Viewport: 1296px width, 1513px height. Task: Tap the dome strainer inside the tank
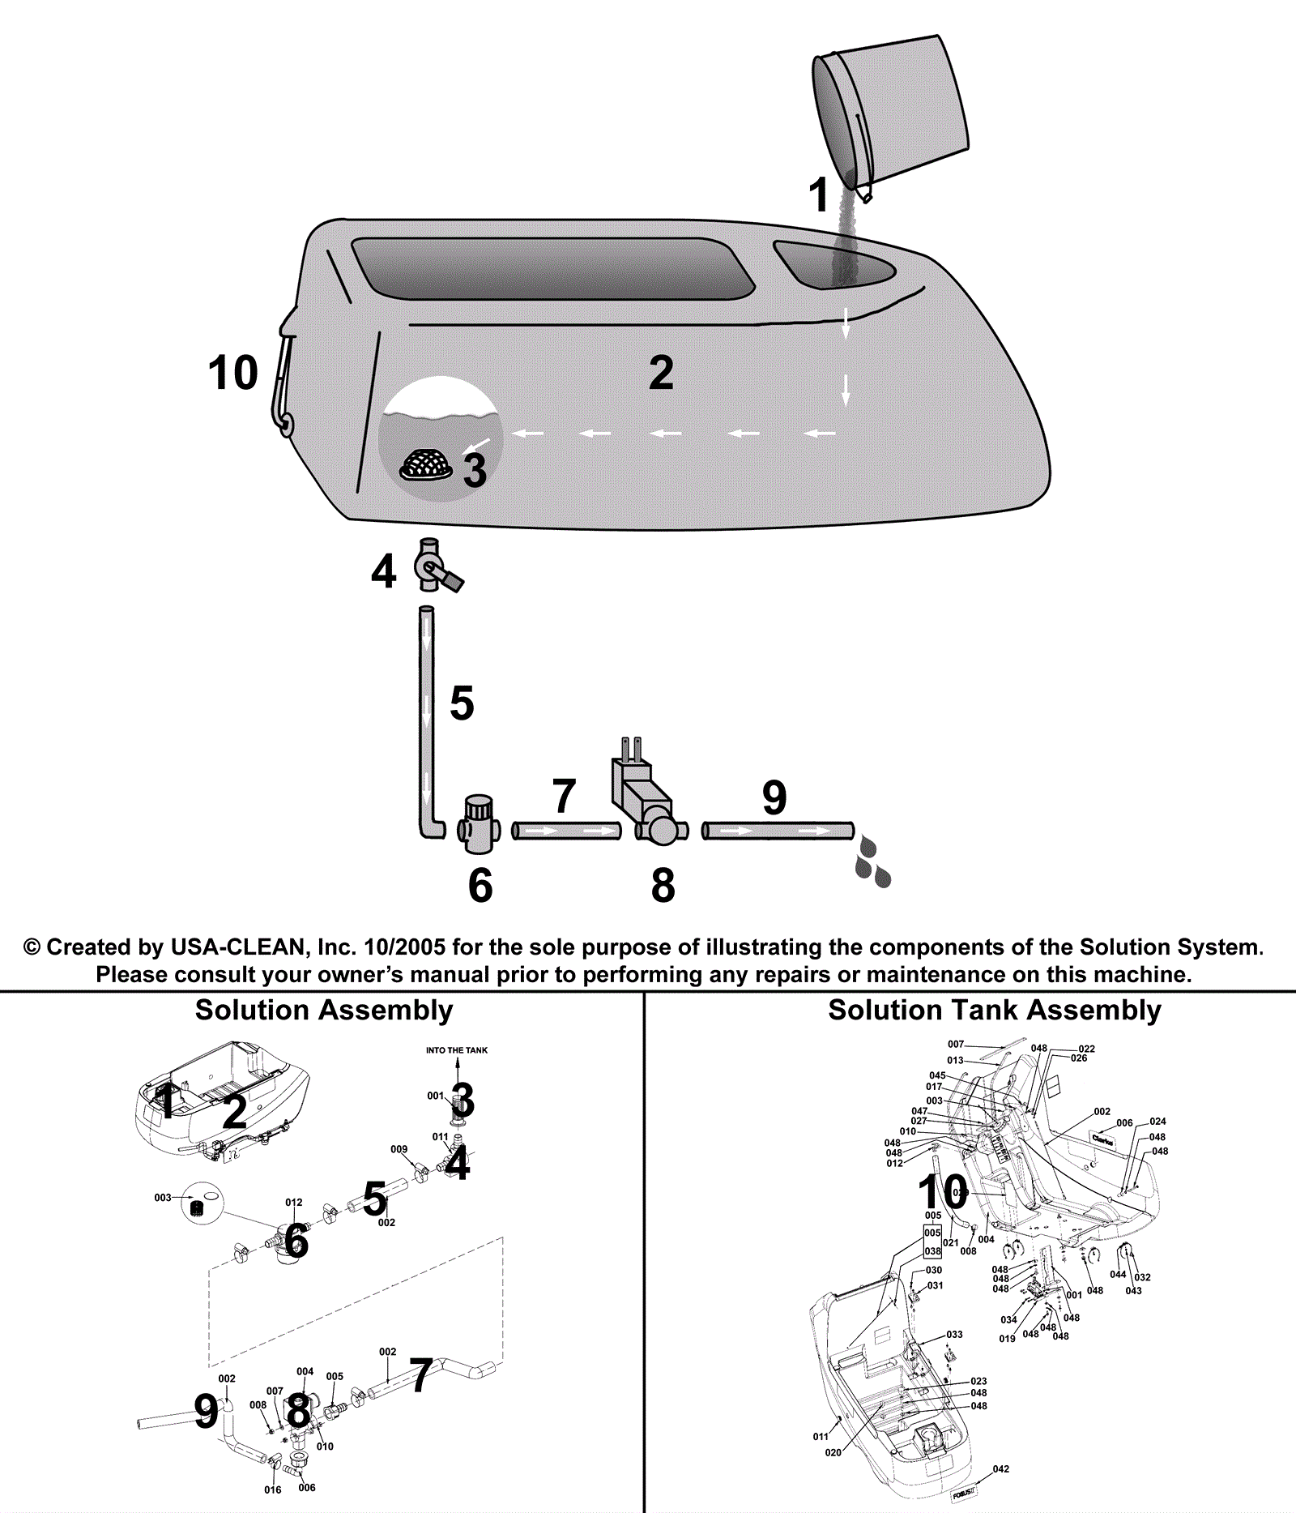(x=427, y=466)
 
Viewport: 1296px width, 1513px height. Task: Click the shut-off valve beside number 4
(x=434, y=566)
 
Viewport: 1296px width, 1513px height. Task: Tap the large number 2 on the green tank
(x=661, y=373)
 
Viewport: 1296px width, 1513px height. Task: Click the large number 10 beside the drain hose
(x=232, y=373)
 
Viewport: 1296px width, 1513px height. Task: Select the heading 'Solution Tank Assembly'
(x=994, y=1011)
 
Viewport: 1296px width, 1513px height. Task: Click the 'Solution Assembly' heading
(x=324, y=1011)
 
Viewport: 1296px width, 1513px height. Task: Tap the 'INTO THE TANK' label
(x=457, y=1050)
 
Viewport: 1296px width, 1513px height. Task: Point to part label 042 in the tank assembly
(x=1001, y=1468)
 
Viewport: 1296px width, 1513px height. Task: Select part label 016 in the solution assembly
(x=273, y=1489)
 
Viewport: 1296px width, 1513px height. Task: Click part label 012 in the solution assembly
(x=293, y=1203)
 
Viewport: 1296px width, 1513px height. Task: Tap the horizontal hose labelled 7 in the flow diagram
(x=566, y=831)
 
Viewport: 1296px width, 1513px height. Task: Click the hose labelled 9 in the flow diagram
(x=778, y=831)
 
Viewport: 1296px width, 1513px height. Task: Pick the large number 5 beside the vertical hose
(x=462, y=703)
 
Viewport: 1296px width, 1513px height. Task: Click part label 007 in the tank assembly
(x=956, y=1044)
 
